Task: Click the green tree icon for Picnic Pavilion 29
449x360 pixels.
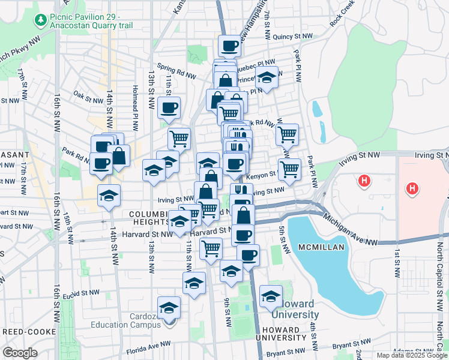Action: [41, 21]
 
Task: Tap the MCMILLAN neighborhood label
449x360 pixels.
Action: [319, 247]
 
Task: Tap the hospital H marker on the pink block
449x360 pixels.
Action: [411, 190]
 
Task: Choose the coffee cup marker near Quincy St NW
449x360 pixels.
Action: [229, 46]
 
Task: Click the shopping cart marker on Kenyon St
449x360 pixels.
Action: [289, 169]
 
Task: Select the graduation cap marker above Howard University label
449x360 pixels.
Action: [271, 296]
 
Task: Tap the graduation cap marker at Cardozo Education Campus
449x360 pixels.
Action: [169, 307]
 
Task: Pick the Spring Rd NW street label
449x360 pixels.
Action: [176, 71]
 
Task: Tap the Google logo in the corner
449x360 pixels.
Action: [20, 353]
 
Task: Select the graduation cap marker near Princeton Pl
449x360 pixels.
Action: [267, 77]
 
